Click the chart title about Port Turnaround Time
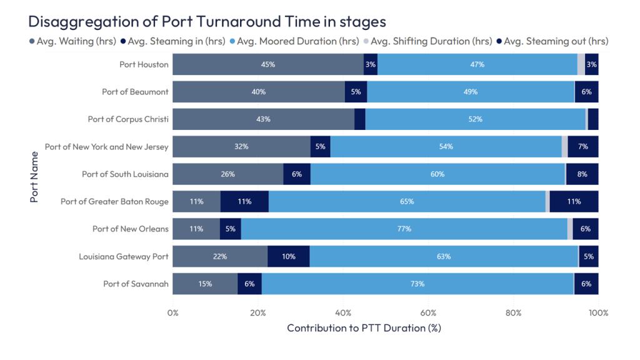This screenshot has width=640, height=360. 207,22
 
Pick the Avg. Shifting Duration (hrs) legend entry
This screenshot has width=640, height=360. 431,41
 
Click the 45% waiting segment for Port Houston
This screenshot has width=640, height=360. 268,64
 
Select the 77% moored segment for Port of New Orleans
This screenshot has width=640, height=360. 404,229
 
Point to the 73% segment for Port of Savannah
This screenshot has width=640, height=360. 417,284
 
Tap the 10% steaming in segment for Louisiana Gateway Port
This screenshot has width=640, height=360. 288,256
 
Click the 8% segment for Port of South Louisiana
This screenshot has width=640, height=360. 582,174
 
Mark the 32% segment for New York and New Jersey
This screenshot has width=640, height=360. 241,146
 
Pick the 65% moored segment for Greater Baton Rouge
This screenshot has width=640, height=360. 406,201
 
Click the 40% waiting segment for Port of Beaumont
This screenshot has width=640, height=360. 258,92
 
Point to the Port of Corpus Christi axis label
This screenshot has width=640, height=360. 128,119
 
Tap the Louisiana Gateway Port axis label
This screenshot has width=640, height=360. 124,256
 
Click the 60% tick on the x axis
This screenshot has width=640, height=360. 428,312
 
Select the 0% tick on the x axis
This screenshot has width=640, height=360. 173,312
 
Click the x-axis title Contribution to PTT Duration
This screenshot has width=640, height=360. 364,328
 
